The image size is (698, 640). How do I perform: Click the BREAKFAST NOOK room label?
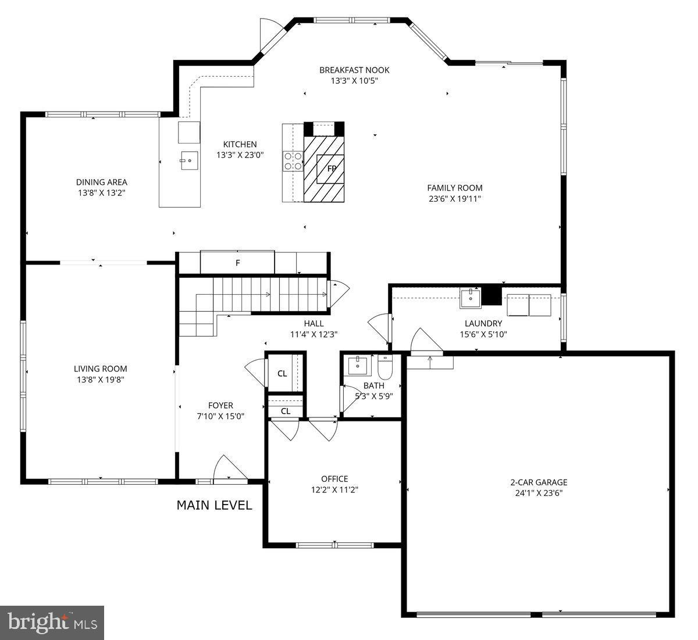[354, 70]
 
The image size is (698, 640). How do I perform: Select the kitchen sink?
[188, 160]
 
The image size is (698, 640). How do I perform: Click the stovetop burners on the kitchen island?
[293, 160]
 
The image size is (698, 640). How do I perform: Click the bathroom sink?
[357, 366]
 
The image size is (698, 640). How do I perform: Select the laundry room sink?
[470, 298]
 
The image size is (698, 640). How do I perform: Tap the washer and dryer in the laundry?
[529, 305]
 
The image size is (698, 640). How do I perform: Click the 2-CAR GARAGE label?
[539, 482]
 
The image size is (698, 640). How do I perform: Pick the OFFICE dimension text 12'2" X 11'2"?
[334, 489]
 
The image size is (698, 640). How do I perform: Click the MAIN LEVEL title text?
[214, 505]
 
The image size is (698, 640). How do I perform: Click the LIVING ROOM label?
[100, 369]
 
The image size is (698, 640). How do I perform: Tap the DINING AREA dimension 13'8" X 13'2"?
[101, 192]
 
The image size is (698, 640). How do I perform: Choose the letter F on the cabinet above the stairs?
[237, 263]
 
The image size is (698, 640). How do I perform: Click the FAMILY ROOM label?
[455, 188]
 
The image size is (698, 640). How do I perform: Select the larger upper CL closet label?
[282, 374]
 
